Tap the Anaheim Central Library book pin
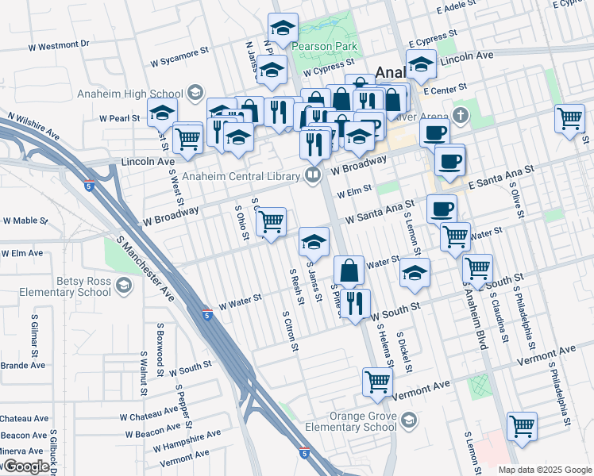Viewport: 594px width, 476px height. click(313, 175)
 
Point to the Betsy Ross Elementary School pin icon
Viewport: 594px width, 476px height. click(124, 286)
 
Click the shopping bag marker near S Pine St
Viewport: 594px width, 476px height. click(348, 271)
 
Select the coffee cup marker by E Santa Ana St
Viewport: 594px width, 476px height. click(449, 162)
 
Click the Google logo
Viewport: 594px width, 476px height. click(25, 467)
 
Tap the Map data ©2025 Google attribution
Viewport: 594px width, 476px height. click(544, 470)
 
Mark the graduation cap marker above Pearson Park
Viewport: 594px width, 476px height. click(283, 29)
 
